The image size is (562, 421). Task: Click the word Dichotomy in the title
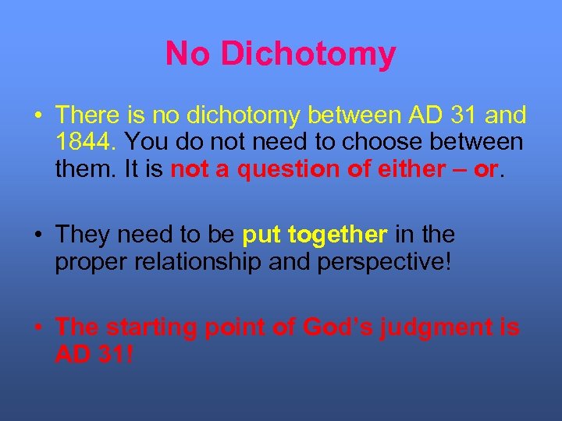308,55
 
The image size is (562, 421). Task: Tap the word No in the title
189,55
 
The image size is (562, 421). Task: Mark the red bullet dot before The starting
37,327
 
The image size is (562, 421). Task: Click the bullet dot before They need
37,235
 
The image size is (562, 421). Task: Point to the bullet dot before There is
37,115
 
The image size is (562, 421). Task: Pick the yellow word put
264,235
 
